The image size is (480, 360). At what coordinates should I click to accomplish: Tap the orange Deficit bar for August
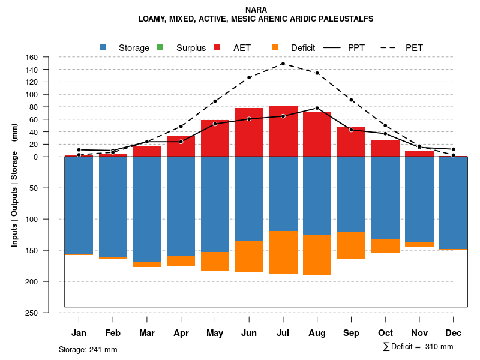pyautogui.click(x=317, y=255)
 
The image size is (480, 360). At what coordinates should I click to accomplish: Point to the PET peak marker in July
pyautogui.click(x=283, y=64)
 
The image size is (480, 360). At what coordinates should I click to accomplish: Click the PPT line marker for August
pyautogui.click(x=317, y=108)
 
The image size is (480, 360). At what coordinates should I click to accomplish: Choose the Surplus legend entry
pyautogui.click(x=182, y=48)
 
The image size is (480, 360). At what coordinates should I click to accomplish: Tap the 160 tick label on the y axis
pyautogui.click(x=32, y=57)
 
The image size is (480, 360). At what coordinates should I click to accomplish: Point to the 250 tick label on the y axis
pyautogui.click(x=32, y=313)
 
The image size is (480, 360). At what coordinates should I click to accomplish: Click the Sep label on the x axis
pyautogui.click(x=351, y=333)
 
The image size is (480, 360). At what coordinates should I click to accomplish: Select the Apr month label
pyautogui.click(x=181, y=333)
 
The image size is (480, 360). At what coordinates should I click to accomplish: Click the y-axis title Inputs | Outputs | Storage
pyautogui.click(x=14, y=185)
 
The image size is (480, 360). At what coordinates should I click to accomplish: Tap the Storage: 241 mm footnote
pyautogui.click(x=88, y=349)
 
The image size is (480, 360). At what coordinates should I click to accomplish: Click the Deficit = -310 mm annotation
pyautogui.click(x=418, y=347)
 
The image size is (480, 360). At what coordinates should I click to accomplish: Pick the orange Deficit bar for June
pyautogui.click(x=249, y=256)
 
